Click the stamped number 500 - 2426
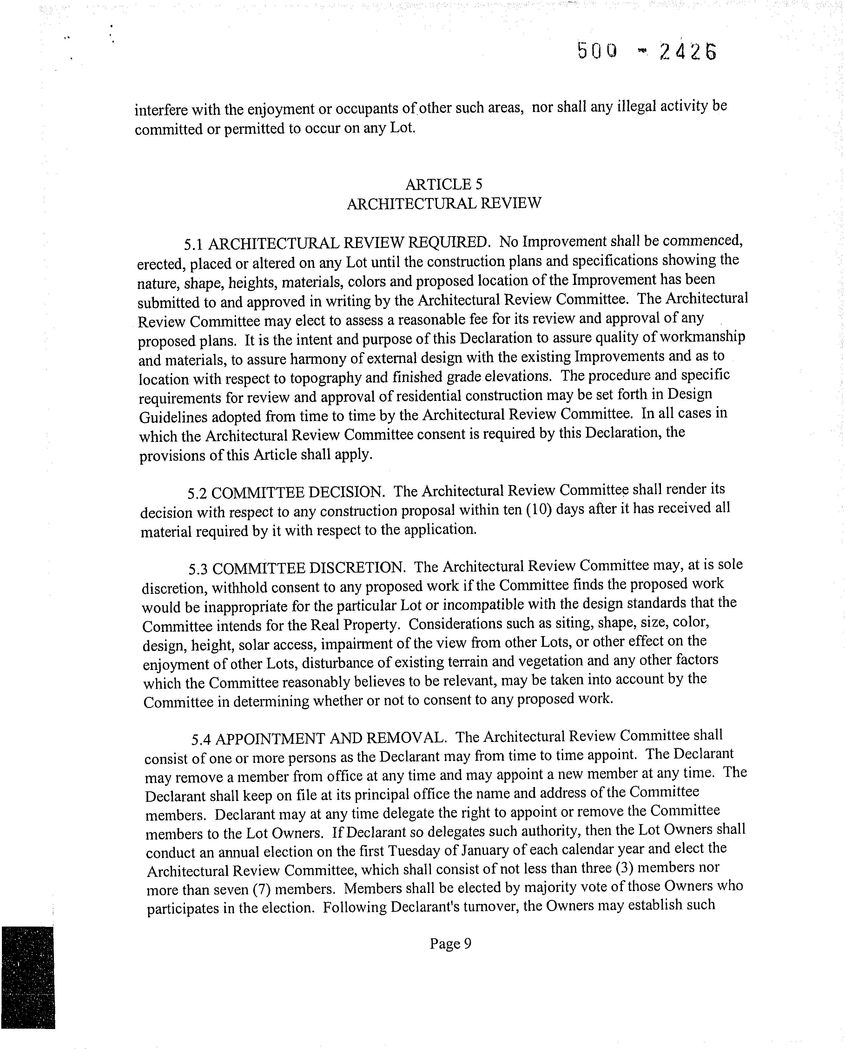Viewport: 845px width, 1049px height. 647,51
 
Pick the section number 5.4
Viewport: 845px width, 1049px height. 201,739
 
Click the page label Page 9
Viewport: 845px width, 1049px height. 450,944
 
